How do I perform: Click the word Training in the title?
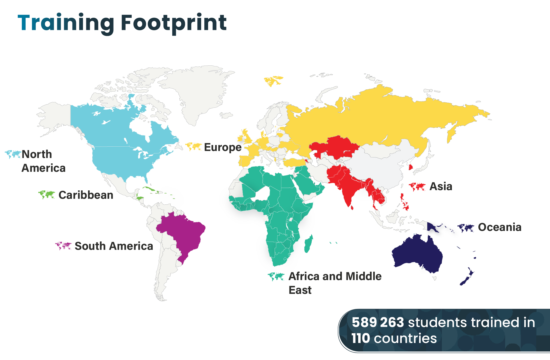66,23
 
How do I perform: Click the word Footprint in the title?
174,23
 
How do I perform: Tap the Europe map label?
223,147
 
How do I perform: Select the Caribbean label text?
86,195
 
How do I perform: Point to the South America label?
114,246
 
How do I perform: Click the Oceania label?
499,227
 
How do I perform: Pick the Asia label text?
441,186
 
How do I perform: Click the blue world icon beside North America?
13,154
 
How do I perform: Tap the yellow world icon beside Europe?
194,147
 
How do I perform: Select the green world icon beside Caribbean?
47,194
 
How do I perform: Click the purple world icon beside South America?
63,246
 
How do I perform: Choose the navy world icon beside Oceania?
466,228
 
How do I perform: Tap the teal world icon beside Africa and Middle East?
276,277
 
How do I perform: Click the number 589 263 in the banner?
378,322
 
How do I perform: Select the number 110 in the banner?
361,338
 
